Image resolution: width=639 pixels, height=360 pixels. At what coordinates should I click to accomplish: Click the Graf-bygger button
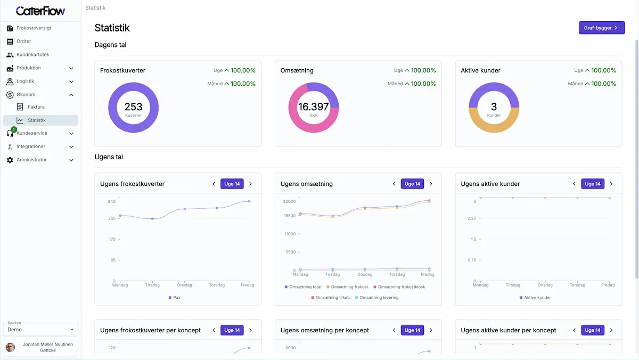(x=601, y=28)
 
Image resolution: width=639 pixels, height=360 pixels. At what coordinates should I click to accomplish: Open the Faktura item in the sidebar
(x=36, y=107)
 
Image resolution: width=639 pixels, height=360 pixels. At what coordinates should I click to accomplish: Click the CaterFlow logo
(x=40, y=11)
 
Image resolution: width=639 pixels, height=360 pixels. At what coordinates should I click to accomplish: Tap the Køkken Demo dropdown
(x=40, y=330)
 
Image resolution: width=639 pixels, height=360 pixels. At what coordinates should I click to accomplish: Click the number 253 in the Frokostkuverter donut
(x=133, y=107)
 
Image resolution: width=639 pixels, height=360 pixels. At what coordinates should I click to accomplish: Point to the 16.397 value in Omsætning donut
(x=313, y=107)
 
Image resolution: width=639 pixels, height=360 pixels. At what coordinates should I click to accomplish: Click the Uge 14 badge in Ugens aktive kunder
(x=593, y=184)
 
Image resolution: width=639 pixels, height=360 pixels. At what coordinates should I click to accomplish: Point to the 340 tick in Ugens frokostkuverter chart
(x=111, y=201)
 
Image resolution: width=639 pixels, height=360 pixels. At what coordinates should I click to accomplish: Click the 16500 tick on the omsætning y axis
(x=289, y=216)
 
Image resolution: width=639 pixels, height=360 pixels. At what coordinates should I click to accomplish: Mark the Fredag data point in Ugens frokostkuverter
(x=249, y=201)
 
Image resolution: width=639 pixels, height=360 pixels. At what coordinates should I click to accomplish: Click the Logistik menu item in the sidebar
(x=25, y=81)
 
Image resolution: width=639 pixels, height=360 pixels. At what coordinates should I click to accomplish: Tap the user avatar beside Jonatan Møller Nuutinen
(x=11, y=348)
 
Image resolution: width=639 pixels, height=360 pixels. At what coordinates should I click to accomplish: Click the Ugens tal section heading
(x=109, y=157)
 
